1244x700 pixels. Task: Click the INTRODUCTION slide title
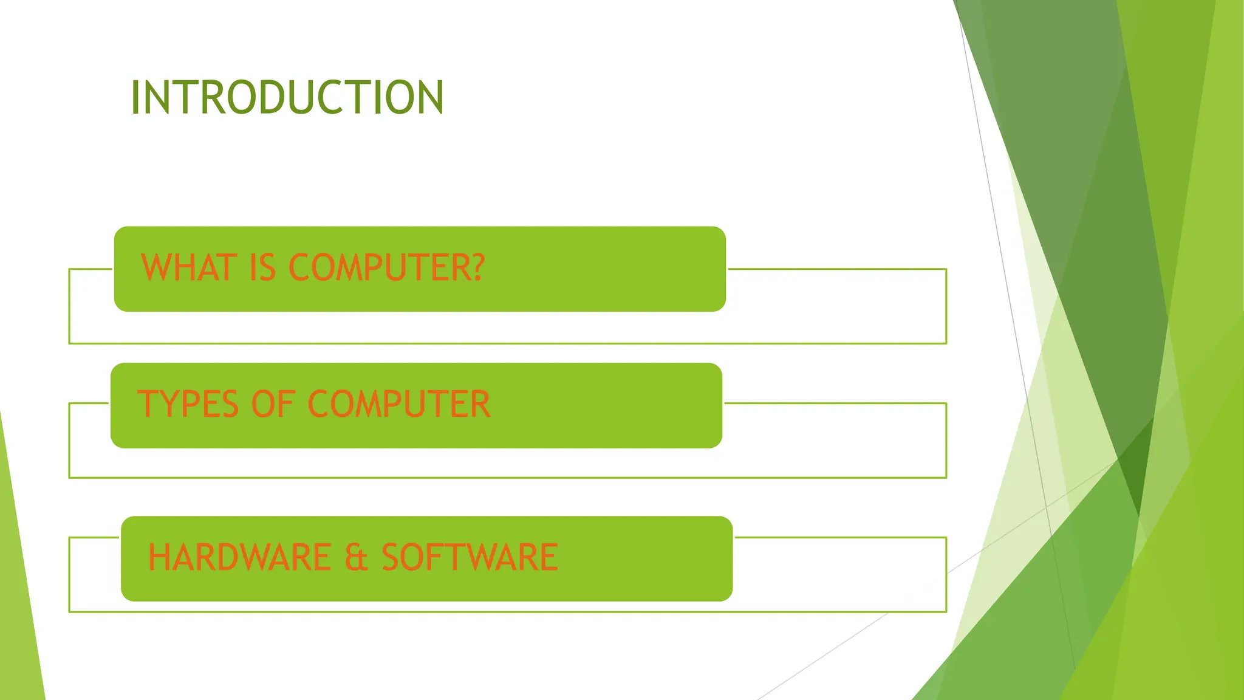[x=287, y=97]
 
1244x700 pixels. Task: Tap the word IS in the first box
[x=262, y=267]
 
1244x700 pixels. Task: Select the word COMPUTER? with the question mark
[x=387, y=267]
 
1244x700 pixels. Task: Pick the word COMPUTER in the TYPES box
[x=399, y=404]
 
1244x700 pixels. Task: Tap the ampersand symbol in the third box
[x=357, y=558]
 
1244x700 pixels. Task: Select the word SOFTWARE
[x=470, y=557]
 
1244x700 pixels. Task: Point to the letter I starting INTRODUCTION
[x=135, y=97]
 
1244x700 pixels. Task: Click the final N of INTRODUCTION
[x=431, y=97]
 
